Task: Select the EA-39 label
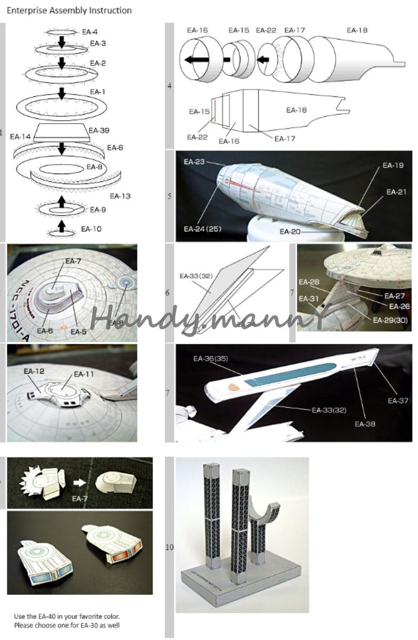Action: coord(98,130)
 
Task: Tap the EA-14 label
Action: coord(21,137)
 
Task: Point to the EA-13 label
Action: coord(120,196)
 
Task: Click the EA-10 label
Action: coord(92,229)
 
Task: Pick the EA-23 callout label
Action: coord(194,162)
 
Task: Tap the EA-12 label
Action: coord(34,371)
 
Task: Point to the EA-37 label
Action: coord(397,401)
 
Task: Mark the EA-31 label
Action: coord(308,298)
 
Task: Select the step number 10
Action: coord(169,547)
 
